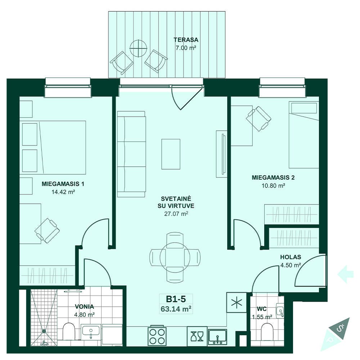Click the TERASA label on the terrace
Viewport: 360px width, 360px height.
click(x=186, y=40)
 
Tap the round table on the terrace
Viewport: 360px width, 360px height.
click(x=139, y=49)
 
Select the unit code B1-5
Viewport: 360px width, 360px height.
click(x=176, y=299)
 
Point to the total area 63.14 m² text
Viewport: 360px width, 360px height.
click(x=176, y=309)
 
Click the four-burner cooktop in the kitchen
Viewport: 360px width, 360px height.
click(x=157, y=336)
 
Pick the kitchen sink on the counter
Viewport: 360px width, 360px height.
click(x=217, y=337)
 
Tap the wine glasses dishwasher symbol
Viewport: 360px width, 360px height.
click(x=197, y=336)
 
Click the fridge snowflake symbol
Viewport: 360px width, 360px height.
click(x=237, y=303)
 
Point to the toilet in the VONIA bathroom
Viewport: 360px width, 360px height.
click(x=69, y=331)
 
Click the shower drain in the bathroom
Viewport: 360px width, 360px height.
click(x=44, y=331)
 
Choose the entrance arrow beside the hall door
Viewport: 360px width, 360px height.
click(x=345, y=274)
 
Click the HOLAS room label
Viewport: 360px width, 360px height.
click(x=291, y=257)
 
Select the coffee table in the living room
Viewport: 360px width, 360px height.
click(x=171, y=154)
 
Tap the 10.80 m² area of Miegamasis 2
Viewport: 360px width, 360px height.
click(x=273, y=185)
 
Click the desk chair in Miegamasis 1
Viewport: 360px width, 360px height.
click(x=47, y=230)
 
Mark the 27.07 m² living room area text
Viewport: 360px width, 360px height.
click(x=176, y=214)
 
